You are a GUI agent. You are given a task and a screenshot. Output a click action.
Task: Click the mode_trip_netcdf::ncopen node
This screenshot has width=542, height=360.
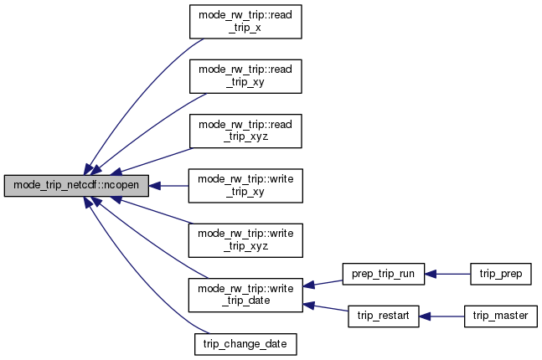(x=77, y=186)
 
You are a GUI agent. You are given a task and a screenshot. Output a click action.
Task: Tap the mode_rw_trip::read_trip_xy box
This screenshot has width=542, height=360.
(x=245, y=77)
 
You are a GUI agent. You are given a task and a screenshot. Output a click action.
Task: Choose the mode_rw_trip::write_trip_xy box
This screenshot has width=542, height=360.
(x=245, y=186)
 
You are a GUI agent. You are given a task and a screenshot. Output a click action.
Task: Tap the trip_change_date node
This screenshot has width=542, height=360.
(x=245, y=343)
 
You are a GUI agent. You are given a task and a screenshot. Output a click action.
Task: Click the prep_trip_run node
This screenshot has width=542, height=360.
(x=385, y=273)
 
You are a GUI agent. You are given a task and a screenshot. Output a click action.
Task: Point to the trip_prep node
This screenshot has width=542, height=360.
(x=500, y=273)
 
